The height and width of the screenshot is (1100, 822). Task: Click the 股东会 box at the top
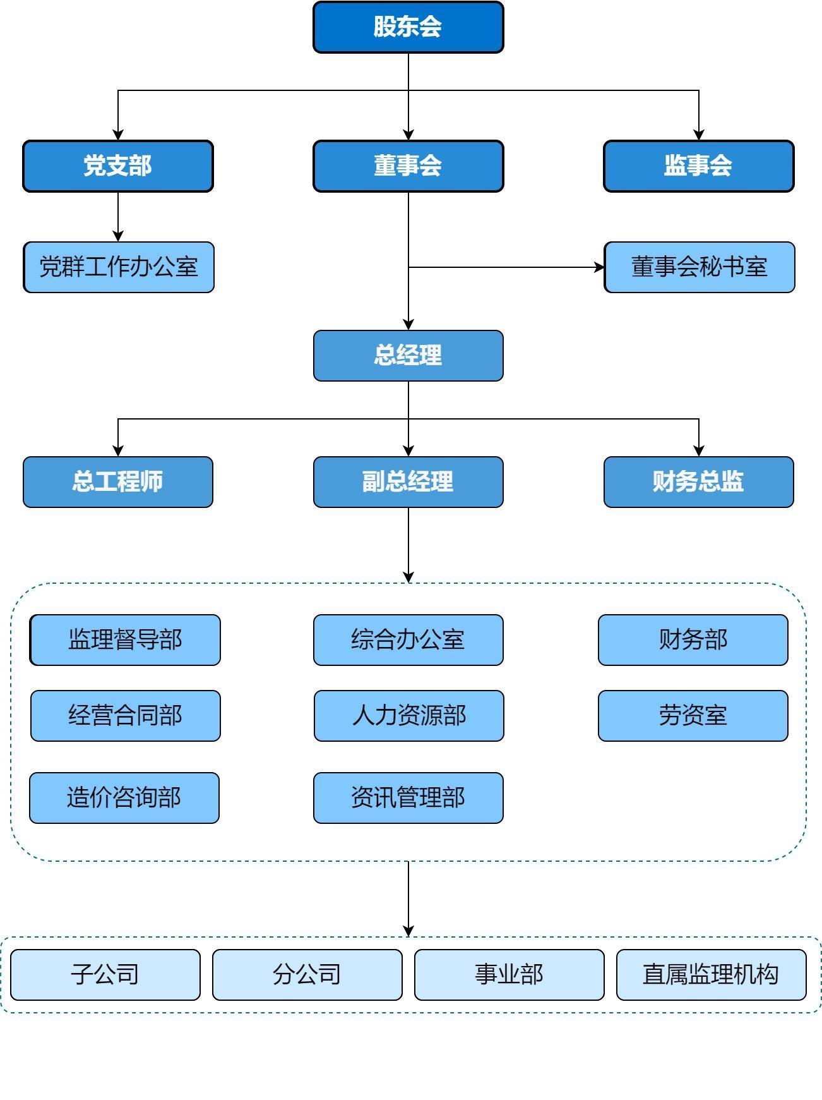[x=408, y=27]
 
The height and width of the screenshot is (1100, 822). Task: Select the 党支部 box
[x=118, y=166]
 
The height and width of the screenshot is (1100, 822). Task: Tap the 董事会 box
[x=408, y=166]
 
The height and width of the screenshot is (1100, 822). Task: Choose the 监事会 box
[x=698, y=166]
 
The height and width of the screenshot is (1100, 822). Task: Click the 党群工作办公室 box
[x=119, y=267]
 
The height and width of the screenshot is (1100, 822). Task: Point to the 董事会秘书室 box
[x=699, y=267]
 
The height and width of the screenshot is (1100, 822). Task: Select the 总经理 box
[x=408, y=356]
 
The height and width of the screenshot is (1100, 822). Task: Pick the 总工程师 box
[x=118, y=482]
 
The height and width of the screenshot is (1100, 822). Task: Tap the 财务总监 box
[x=698, y=482]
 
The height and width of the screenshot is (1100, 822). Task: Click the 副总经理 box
[x=408, y=482]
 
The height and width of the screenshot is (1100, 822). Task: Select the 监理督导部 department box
[x=125, y=640]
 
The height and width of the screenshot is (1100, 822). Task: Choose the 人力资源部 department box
[x=408, y=716]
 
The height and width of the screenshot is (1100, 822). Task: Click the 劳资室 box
[x=693, y=716]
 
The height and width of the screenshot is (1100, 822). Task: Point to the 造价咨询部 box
[x=124, y=798]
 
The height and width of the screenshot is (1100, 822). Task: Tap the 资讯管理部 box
[x=408, y=798]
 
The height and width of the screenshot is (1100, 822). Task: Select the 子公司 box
[x=105, y=975]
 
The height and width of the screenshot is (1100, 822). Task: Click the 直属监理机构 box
[x=711, y=975]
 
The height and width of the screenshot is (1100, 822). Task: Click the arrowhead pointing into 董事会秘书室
[x=599, y=267]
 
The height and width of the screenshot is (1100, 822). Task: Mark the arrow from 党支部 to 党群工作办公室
[x=118, y=217]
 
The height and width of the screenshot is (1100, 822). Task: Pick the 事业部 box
[x=509, y=975]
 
